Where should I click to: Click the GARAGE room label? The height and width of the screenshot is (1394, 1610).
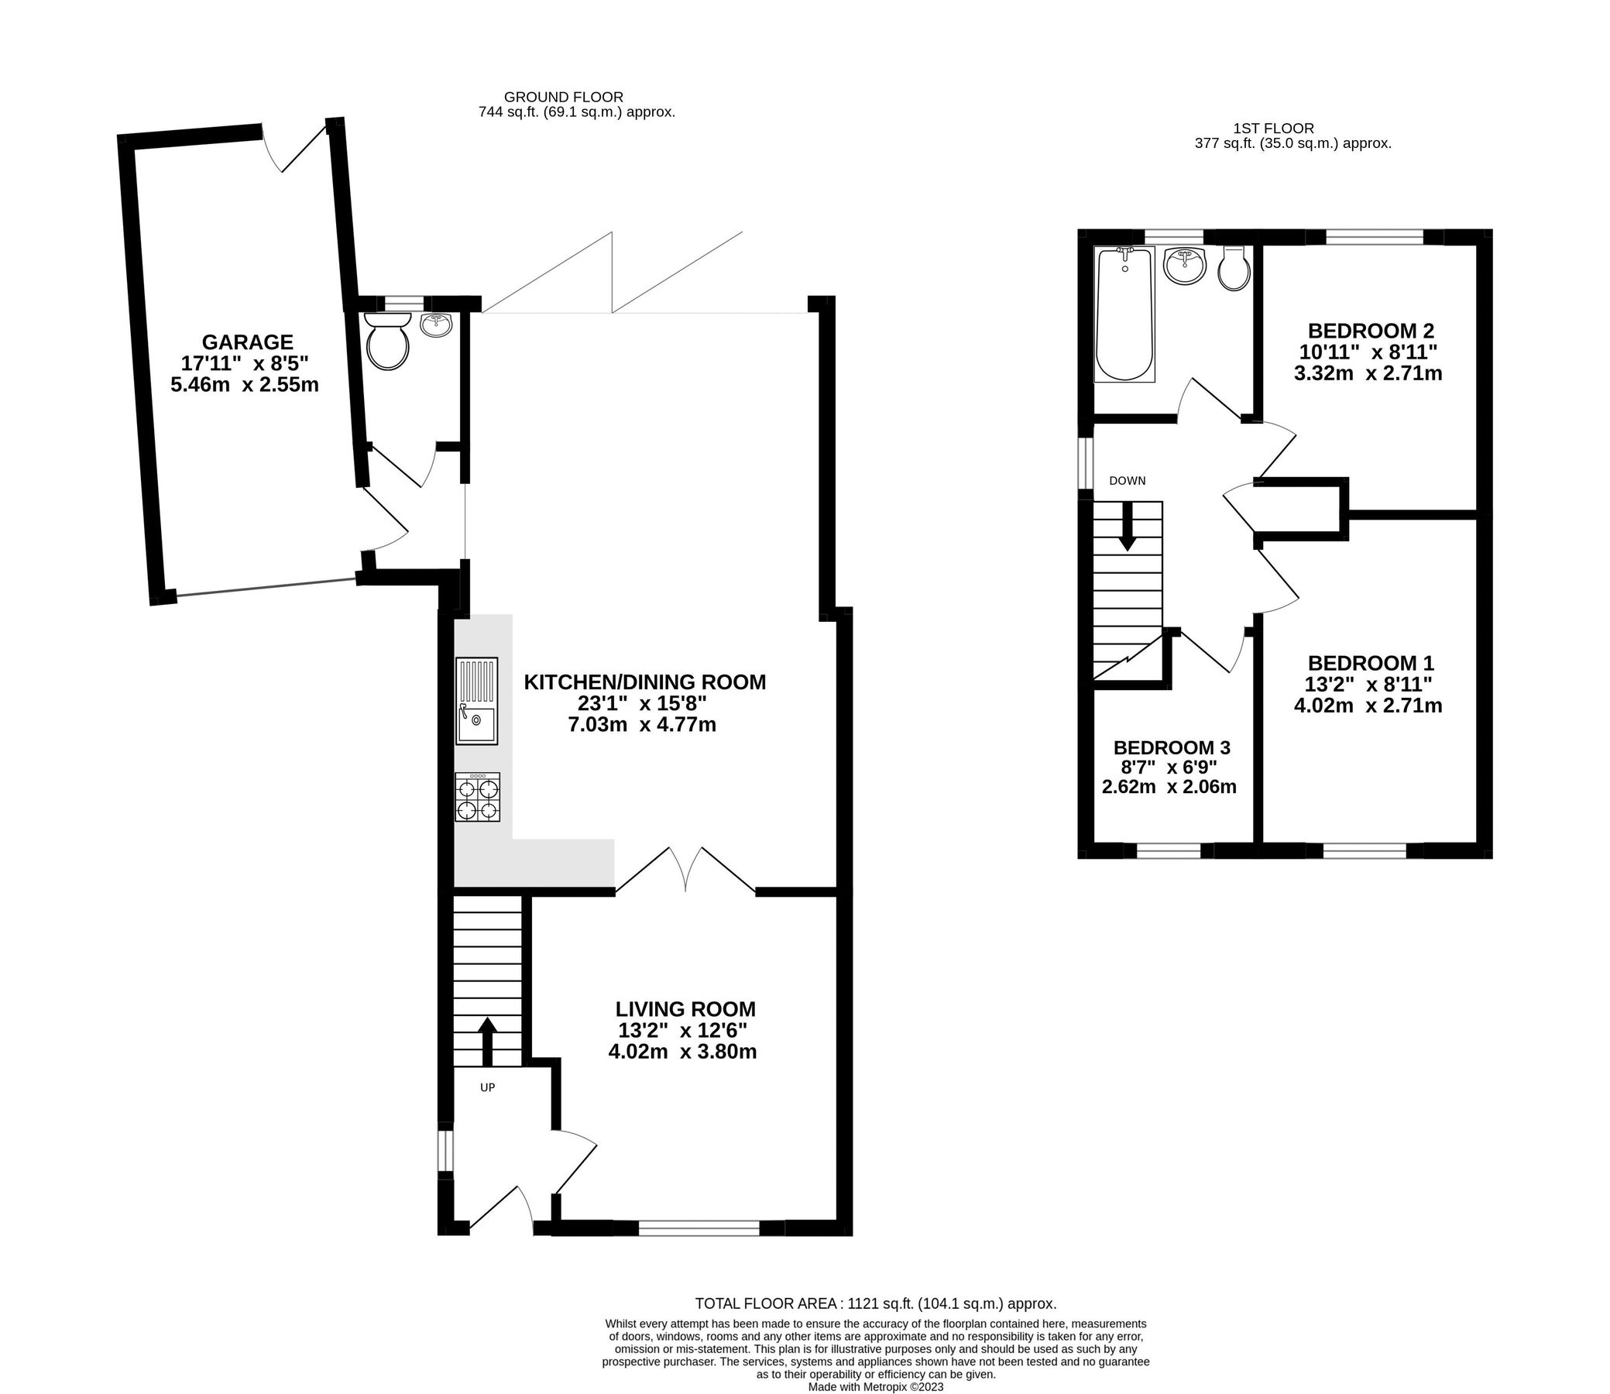click(247, 342)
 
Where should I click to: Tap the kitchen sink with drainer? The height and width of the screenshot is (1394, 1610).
click(477, 701)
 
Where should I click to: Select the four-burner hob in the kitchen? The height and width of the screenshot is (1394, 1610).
click(478, 798)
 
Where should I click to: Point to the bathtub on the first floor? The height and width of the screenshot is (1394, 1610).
click(1124, 314)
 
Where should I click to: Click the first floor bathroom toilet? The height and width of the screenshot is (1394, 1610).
click(1234, 270)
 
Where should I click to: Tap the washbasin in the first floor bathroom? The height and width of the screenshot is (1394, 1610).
click(1185, 266)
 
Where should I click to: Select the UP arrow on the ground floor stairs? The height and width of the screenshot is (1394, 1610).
click(487, 1042)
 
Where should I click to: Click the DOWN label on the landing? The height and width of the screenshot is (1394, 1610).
click(1127, 481)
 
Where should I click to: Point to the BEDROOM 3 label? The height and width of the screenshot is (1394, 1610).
click(1172, 747)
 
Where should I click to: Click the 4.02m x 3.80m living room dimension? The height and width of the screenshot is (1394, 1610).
click(682, 1052)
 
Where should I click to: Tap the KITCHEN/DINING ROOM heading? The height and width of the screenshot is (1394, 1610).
click(645, 682)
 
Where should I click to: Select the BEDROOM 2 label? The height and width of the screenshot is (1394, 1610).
click(1371, 330)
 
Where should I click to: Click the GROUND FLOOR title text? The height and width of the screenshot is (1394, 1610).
click(563, 98)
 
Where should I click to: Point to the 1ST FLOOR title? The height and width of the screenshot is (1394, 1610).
click(1273, 129)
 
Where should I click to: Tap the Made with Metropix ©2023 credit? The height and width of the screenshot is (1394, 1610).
click(876, 1386)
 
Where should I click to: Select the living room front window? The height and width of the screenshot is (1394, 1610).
click(699, 1227)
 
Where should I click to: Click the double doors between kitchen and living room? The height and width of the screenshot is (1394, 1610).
click(685, 870)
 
